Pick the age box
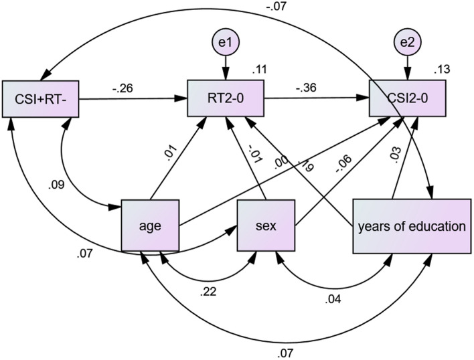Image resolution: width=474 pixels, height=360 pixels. point(150,226)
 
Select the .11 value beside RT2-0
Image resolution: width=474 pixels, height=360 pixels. point(259,68)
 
